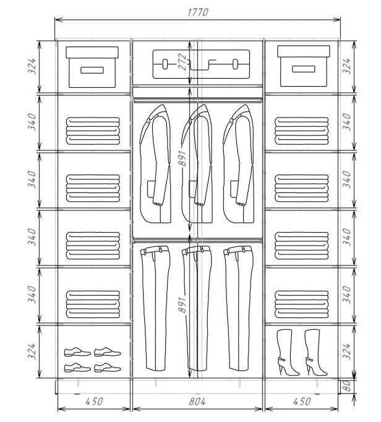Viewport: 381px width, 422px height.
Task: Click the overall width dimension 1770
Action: (197, 12)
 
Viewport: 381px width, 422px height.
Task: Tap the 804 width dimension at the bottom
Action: (197, 402)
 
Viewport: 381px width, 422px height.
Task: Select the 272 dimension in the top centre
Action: (182, 62)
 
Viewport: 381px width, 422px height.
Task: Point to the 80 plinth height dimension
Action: (347, 385)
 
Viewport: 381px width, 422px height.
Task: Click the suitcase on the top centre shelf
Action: (201, 64)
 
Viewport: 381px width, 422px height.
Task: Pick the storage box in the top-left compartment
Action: (92, 67)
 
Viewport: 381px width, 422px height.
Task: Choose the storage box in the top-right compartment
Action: (304, 66)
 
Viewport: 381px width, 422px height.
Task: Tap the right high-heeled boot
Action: (315, 352)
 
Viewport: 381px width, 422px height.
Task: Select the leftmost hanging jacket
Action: (155, 163)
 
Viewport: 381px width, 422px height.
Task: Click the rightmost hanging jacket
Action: (239, 163)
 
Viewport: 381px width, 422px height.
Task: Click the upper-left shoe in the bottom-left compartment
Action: (77, 351)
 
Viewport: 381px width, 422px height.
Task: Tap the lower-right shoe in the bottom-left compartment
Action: (108, 368)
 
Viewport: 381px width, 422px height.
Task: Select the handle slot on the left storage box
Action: (92, 71)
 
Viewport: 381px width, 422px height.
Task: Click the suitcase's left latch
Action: (165, 64)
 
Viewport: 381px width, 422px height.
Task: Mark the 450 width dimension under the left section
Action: (94, 402)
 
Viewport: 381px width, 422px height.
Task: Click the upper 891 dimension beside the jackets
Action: (182, 159)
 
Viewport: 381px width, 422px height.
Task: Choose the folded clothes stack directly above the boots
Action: (302, 304)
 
